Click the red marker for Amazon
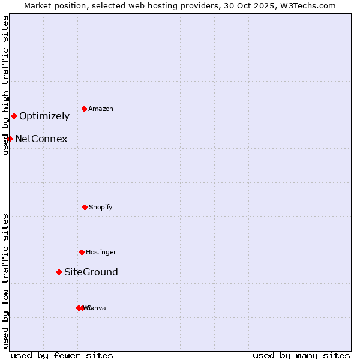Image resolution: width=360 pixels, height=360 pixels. click(x=84, y=109)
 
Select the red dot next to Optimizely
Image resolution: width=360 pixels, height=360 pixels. click(x=14, y=116)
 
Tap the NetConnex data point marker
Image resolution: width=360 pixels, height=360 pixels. click(x=10, y=139)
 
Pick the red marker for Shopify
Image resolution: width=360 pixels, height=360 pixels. click(x=85, y=207)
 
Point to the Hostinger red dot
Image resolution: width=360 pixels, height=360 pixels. click(x=82, y=252)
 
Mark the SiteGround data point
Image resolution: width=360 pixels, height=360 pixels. click(x=59, y=272)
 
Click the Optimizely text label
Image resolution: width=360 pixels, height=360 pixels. click(x=44, y=116)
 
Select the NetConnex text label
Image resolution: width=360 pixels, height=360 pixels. click(x=41, y=139)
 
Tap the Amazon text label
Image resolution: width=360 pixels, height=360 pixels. click(x=101, y=109)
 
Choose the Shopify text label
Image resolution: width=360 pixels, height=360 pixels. click(x=101, y=208)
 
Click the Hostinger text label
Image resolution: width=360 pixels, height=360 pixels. click(x=101, y=253)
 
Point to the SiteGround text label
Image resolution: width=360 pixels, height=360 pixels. click(x=91, y=272)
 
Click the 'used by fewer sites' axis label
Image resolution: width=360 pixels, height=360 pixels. click(x=62, y=356)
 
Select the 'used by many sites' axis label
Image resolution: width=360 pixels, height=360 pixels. click(x=301, y=356)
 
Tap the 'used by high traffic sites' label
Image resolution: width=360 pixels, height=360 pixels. click(x=5, y=85)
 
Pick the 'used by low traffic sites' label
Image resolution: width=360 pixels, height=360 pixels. click(x=5, y=281)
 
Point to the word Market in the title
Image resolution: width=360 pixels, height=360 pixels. click(x=39, y=5)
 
